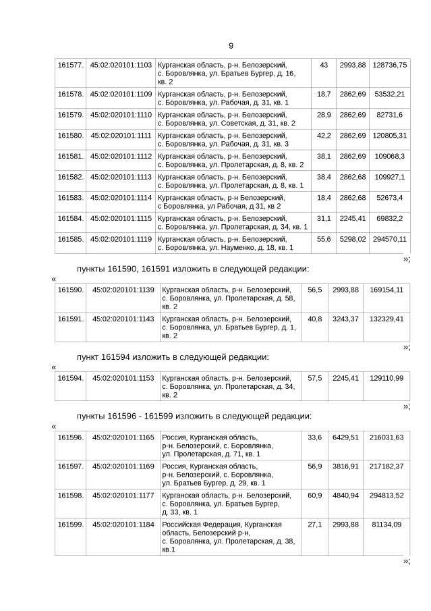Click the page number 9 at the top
click(231, 46)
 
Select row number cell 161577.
click(71, 65)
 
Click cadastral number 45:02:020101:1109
click(121, 94)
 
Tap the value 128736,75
click(389, 65)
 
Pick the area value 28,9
click(324, 115)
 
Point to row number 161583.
click(71, 197)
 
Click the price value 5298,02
click(352, 239)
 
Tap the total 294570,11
click(389, 239)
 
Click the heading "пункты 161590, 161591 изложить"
click(193, 269)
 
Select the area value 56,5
click(315, 290)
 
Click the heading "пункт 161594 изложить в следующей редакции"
click(173, 356)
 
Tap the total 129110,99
click(386, 378)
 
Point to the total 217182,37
click(386, 467)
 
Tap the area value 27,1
click(315, 524)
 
